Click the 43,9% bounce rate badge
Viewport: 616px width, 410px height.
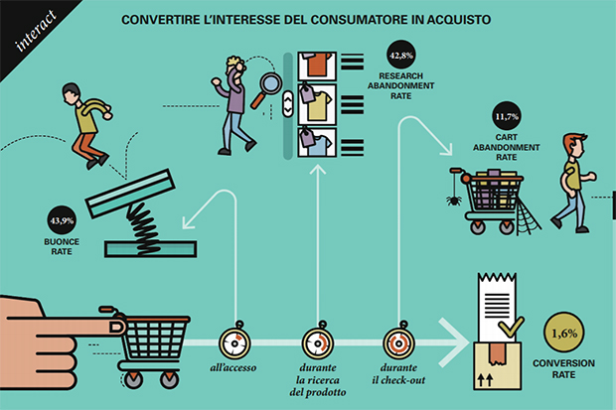pos(62,220)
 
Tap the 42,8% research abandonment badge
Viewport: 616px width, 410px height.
pos(401,55)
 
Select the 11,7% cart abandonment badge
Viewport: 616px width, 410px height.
pos(507,116)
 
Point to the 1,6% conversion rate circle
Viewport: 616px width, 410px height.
pos(563,333)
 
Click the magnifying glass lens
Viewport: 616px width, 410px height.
pos(271,83)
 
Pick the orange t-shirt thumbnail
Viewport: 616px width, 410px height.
pos(317,66)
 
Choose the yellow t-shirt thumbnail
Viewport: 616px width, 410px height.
pos(317,105)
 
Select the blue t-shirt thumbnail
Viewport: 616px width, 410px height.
pos(317,142)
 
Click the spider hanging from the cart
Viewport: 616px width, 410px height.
pos(454,201)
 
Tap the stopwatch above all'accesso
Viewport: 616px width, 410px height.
pos(234,342)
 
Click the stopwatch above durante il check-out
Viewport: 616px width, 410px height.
pos(398,342)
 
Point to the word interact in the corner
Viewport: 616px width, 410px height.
pos(36,31)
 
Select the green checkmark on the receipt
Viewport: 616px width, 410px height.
pos(511,327)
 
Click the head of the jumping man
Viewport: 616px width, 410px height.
pos(72,93)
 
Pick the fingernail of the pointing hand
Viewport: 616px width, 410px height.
pos(117,328)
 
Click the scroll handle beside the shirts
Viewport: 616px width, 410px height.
pos(288,104)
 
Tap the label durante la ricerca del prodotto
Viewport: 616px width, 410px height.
pos(318,380)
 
